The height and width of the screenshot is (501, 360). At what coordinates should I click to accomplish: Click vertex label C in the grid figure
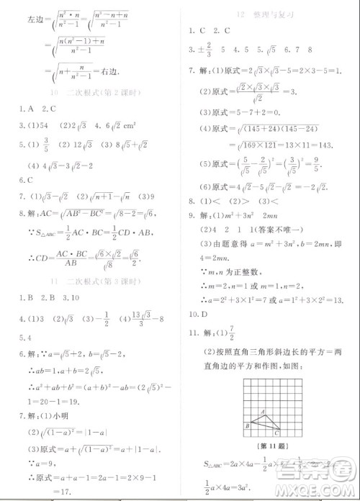pos(278,433)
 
